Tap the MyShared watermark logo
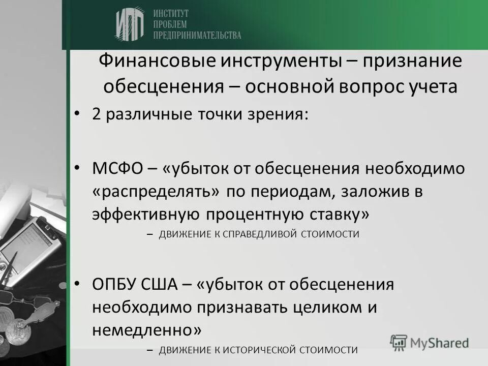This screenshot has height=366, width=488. pos(430,342)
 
